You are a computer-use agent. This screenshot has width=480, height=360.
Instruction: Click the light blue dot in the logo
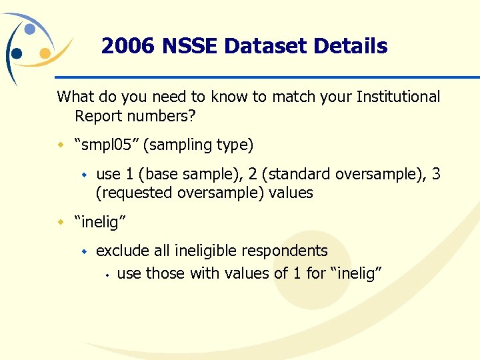coord(29,29)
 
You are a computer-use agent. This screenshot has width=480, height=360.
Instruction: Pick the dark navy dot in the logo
coord(17,53)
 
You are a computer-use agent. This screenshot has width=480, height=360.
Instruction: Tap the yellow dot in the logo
coord(45,53)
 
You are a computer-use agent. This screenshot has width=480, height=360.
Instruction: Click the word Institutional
coord(398,97)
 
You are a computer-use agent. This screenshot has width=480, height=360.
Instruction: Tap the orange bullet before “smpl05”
coord(61,145)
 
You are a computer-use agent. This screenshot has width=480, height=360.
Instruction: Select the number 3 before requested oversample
coord(436,174)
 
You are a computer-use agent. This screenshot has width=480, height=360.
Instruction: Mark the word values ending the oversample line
coord(288,193)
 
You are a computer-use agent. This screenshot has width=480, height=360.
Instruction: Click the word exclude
coord(123,251)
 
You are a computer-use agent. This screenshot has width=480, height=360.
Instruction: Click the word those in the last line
coord(165,273)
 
